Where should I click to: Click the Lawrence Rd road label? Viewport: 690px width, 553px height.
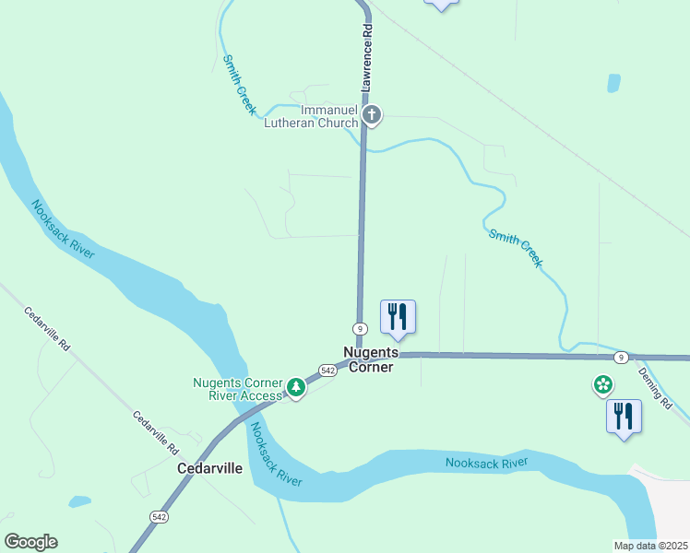pos(367,56)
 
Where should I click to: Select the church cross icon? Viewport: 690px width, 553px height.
pos(372,115)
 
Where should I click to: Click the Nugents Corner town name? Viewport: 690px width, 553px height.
pos(371,359)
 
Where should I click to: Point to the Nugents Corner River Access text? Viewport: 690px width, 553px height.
pos(237,390)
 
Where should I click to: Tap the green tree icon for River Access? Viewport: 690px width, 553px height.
pos(296,387)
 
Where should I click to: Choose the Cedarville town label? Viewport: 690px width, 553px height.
pos(209,468)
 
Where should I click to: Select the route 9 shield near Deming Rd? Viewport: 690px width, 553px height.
pos(622,357)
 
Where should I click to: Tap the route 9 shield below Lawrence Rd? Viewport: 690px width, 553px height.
pos(360,329)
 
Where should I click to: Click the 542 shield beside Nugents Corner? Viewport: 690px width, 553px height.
pos(327,370)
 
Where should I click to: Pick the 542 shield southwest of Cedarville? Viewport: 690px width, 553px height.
pos(160,518)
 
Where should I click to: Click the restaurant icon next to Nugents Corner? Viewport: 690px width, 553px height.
pos(398,316)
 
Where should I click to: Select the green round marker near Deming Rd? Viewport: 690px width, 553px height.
pos(603,383)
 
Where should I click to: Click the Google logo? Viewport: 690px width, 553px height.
pos(30,542)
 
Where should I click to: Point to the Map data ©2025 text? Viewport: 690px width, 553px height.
pos(651,546)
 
